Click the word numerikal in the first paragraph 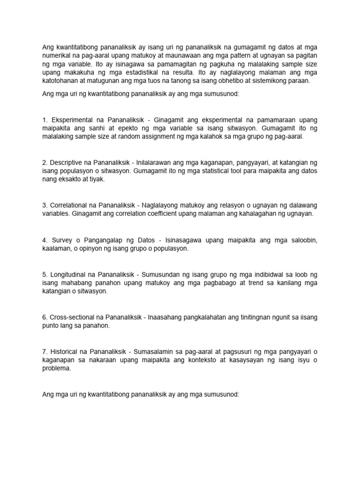(58, 55)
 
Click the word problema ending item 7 (56, 368)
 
